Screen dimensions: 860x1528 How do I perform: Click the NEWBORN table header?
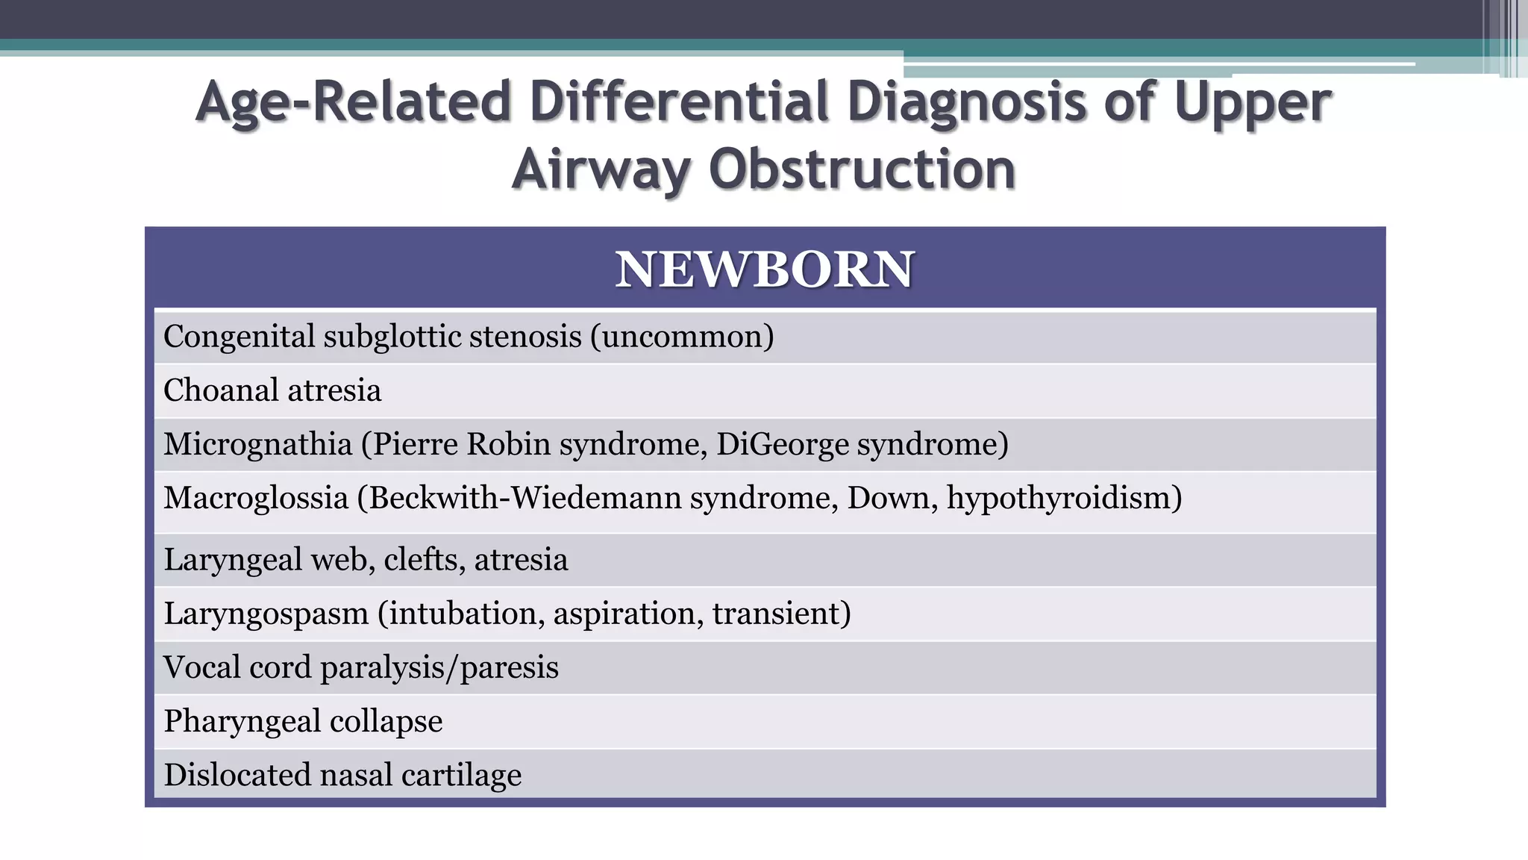764,269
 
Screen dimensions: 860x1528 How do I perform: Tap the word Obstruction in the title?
862,169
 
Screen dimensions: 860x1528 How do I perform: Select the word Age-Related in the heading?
354,103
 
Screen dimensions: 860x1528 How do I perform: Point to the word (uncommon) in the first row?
682,337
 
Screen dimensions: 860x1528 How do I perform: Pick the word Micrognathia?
258,445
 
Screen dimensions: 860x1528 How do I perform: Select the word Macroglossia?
256,499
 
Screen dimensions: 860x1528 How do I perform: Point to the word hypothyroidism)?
1065,499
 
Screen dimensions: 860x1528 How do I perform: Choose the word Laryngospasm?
266,614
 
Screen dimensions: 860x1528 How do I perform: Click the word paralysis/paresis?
439,668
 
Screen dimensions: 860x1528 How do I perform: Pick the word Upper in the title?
1253,103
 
